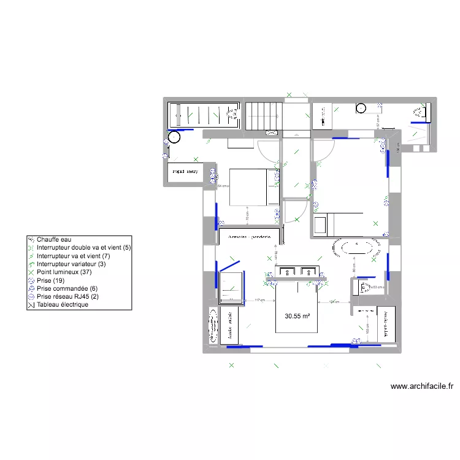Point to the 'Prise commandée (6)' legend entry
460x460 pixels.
pos(67,288)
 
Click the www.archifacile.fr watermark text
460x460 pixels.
pos(421,386)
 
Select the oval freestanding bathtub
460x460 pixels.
pos(354,248)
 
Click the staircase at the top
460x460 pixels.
pos(264,115)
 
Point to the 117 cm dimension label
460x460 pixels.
pos(259,300)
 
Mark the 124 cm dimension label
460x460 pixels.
pos(334,301)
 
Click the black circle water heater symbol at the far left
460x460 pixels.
pos(174,137)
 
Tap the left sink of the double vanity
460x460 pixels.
pos(287,271)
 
